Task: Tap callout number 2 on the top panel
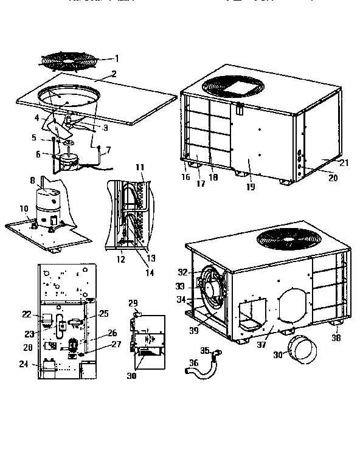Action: (x=114, y=75)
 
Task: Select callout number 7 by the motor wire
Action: (x=108, y=149)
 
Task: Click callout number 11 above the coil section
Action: (x=139, y=167)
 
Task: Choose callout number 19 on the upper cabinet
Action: (x=250, y=187)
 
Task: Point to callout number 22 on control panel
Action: (x=26, y=314)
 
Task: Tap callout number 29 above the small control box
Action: (x=135, y=302)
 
